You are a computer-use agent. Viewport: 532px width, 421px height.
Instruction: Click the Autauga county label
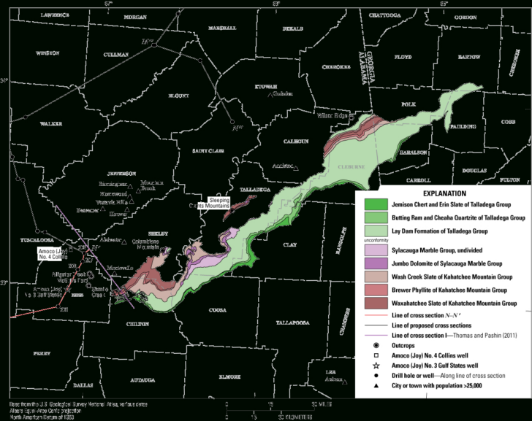click(144, 380)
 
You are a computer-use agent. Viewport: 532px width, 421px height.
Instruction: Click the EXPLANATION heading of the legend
click(438, 193)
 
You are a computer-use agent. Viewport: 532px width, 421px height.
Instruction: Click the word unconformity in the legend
click(374, 240)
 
